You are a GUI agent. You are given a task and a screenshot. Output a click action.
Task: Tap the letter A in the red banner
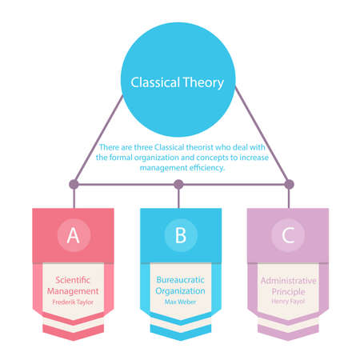tap(73, 234)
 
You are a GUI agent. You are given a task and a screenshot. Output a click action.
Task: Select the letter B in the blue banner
tap(180, 234)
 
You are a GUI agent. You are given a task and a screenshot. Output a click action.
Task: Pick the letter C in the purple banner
tap(287, 234)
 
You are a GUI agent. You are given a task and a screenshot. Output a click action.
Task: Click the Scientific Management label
tap(73, 286)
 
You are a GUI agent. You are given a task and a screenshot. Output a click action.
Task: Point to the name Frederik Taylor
tap(73, 303)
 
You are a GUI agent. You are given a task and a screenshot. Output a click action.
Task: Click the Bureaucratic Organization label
tap(180, 286)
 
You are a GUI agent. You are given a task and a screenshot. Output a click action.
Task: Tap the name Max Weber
tap(180, 303)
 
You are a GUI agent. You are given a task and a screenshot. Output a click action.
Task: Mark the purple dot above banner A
tap(74, 184)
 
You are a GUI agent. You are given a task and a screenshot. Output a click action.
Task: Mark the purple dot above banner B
tap(178, 184)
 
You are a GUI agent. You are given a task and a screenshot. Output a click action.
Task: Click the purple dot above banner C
tap(289, 184)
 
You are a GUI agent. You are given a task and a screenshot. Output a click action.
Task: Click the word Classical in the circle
tap(155, 82)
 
